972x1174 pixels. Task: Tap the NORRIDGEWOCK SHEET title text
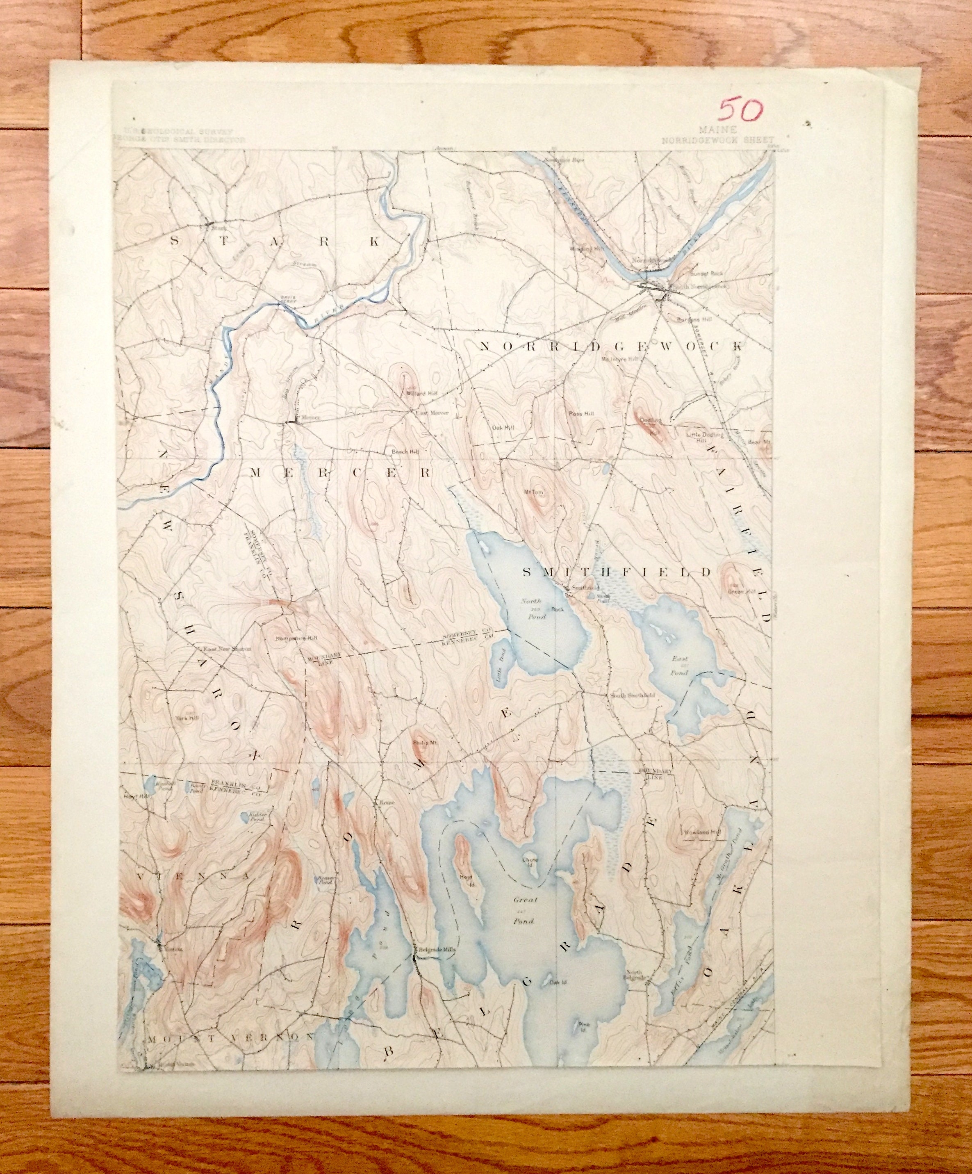(718, 140)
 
